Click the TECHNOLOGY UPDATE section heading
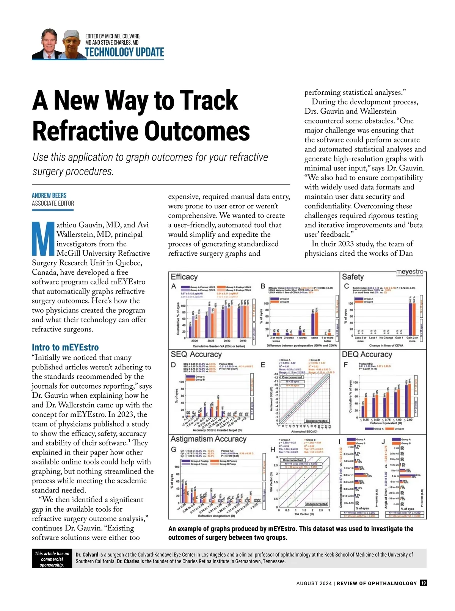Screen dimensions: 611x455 point(124,52)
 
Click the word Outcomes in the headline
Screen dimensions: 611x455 point(198,131)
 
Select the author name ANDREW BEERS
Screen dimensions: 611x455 point(49,195)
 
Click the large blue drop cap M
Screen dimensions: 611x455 point(43,239)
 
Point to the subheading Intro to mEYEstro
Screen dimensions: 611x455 point(65,347)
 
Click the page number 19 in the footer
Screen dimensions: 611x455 point(424,583)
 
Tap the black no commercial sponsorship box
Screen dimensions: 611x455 point(52,559)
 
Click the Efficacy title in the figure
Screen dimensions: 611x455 point(184,277)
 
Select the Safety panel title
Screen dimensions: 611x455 point(353,277)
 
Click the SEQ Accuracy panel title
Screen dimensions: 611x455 point(196,354)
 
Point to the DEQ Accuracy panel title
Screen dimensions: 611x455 point(367,354)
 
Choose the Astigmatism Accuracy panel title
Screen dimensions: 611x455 point(208,439)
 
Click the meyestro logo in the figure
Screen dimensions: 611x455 point(409,272)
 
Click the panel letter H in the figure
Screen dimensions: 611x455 point(273,449)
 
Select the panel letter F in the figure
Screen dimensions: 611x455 point(345,365)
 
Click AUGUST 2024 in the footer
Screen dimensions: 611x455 point(314,583)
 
